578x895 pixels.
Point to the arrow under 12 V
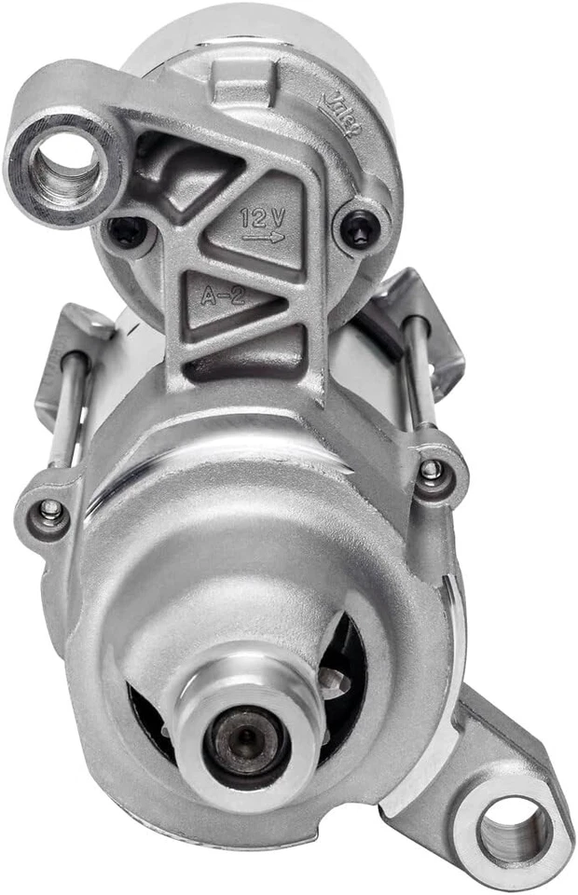click(264, 239)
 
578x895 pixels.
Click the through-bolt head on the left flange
click(49, 510)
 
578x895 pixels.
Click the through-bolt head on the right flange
click(432, 469)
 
